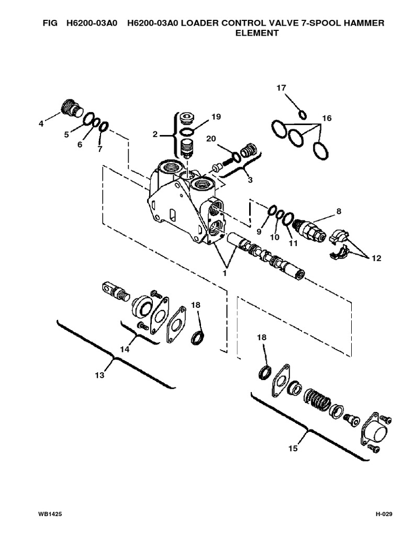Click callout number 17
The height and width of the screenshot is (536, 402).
(281, 88)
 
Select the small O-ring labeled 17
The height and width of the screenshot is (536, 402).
(302, 114)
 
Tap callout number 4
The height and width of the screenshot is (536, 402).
(41, 124)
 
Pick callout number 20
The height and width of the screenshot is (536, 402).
(210, 138)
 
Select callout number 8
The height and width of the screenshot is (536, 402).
(339, 211)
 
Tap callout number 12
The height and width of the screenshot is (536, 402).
(376, 258)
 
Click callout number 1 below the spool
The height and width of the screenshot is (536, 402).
(226, 272)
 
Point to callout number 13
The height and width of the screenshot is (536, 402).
(99, 375)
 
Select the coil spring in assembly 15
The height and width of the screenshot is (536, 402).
(317, 401)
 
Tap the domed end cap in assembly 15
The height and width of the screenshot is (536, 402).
(375, 430)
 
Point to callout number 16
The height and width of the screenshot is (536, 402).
(327, 119)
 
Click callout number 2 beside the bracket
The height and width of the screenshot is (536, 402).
(155, 135)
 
